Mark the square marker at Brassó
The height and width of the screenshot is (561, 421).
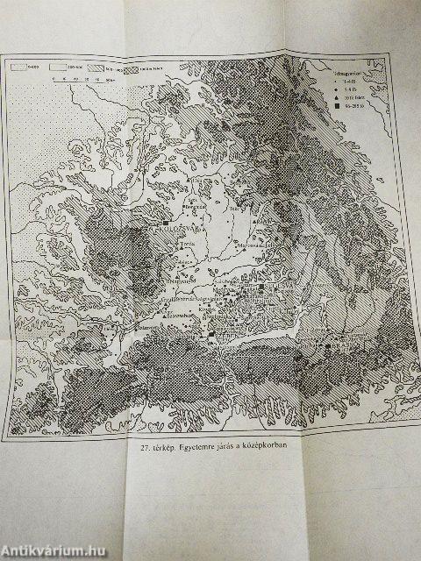327,347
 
